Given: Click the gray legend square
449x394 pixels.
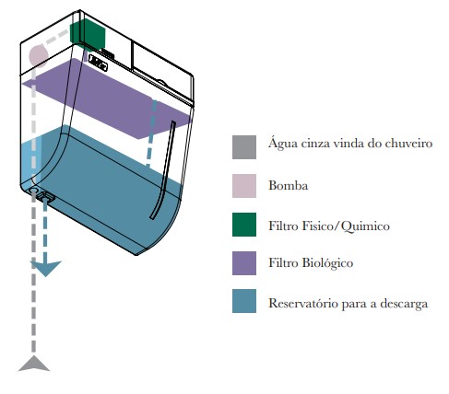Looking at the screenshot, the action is click(244, 147).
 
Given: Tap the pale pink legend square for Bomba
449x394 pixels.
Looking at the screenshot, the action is click(244, 186).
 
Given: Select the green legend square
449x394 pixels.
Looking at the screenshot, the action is click(244, 225).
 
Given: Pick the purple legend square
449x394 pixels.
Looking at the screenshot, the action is click(244, 263).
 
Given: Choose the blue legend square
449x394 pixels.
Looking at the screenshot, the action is click(244, 301).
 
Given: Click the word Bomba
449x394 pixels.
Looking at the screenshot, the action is click(289, 185).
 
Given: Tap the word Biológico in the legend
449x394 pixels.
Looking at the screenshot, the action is click(327, 263).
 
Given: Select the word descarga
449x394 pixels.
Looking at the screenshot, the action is click(404, 304).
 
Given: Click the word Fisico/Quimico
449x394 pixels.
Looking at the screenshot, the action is click(346, 226).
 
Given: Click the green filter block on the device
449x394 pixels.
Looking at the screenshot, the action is click(88, 34).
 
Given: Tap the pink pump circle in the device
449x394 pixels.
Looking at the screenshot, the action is click(39, 55).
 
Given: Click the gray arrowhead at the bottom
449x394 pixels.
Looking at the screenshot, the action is click(34, 364).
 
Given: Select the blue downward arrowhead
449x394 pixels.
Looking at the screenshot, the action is click(45, 268).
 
